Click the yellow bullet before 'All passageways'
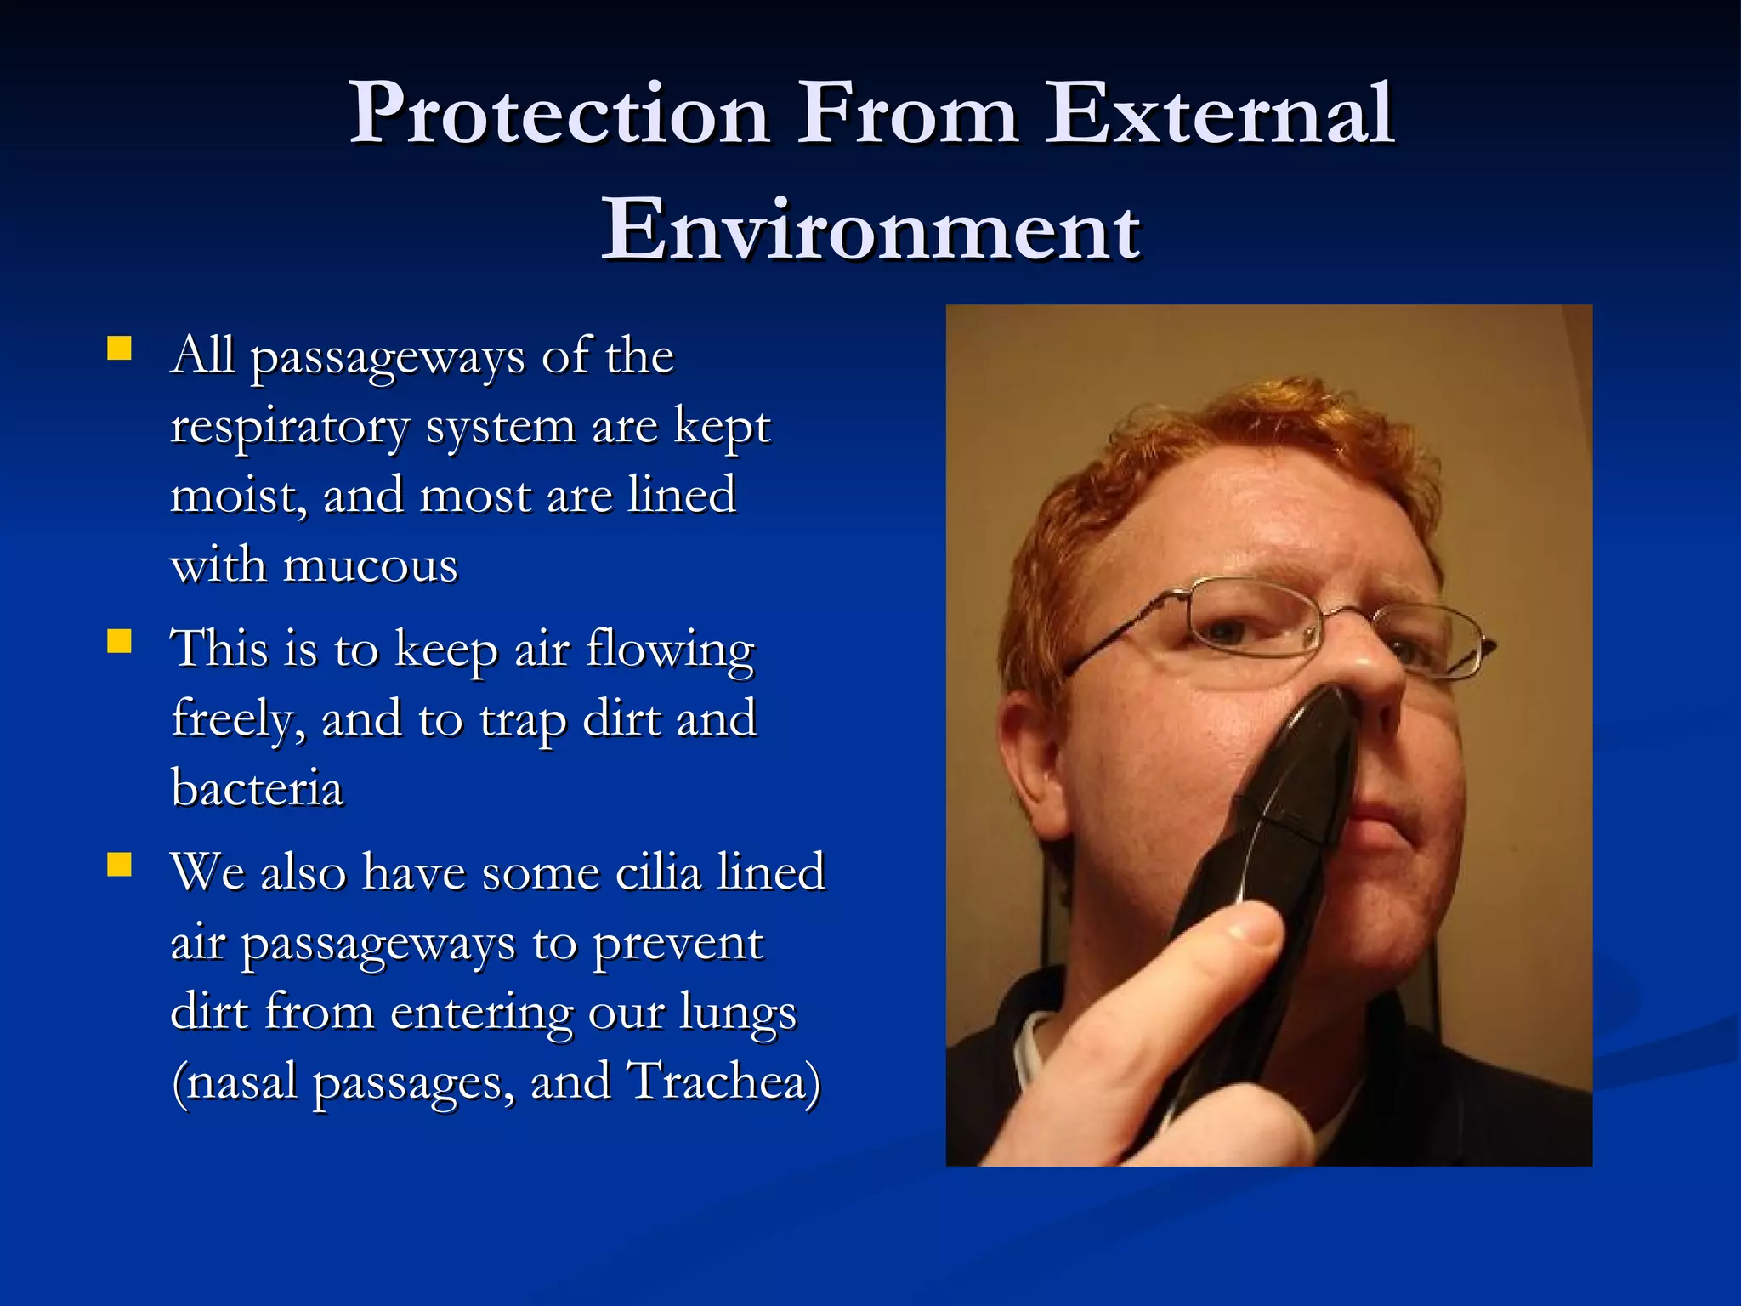click(120, 349)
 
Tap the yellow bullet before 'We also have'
click(120, 865)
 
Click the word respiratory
click(290, 428)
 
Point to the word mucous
click(371, 565)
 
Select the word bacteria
click(257, 788)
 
